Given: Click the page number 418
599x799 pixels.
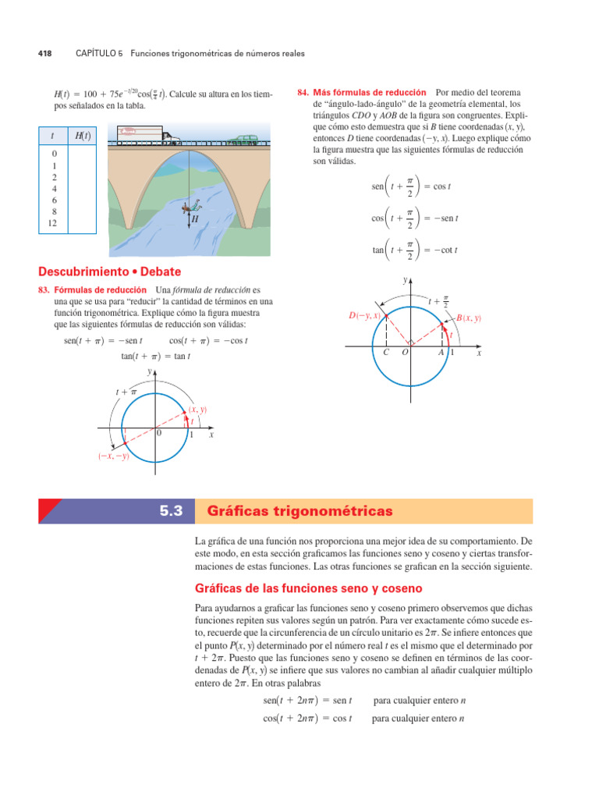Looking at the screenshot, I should [x=44, y=54].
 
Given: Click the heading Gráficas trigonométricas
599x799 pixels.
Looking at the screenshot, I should [x=300, y=511].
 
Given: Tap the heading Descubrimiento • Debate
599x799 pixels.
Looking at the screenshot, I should [x=110, y=272].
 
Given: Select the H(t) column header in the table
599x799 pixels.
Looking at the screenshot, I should [x=82, y=136].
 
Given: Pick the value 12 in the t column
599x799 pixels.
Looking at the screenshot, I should [x=53, y=223].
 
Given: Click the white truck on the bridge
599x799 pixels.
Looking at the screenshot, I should [x=148, y=134].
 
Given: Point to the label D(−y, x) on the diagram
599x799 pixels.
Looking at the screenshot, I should [x=364, y=315].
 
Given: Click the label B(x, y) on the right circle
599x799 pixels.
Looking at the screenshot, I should [x=468, y=318].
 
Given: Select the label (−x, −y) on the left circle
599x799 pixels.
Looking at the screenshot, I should [x=113, y=456].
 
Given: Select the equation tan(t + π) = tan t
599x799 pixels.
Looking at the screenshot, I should [x=155, y=356].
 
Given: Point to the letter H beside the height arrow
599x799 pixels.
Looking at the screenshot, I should [x=195, y=221].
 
